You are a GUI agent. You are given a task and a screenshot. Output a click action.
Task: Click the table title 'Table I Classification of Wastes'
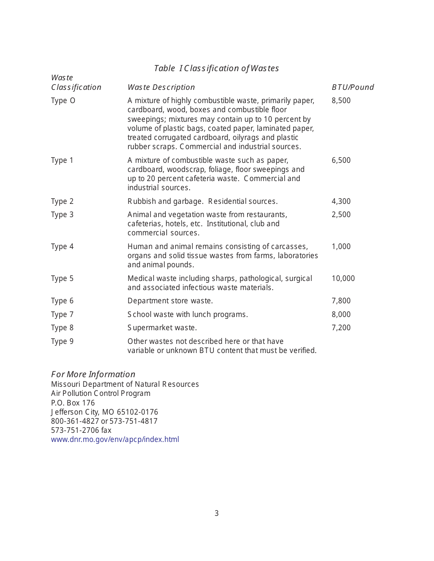click(216, 68)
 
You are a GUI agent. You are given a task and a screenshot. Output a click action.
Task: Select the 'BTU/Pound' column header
click(352, 87)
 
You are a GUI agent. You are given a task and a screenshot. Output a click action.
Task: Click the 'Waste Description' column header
click(161, 87)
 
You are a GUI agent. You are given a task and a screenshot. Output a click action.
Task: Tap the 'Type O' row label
click(63, 101)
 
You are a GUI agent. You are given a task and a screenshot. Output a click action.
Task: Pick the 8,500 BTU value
click(341, 101)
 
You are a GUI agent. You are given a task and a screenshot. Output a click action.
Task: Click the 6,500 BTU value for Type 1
click(341, 160)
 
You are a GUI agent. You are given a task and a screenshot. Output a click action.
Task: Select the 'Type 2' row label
click(62, 201)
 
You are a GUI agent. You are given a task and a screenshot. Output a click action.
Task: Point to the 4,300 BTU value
click(341, 201)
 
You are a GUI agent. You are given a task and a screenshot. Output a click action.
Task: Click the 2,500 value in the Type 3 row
click(341, 214)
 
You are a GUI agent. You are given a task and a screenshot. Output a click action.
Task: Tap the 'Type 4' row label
click(62, 246)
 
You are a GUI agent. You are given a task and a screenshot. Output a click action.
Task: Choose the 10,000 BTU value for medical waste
click(343, 278)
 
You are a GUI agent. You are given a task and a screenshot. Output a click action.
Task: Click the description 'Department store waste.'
click(170, 301)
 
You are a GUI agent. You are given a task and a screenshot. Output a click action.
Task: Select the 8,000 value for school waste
click(341, 314)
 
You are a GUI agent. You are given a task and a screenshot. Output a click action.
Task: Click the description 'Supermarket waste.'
click(162, 327)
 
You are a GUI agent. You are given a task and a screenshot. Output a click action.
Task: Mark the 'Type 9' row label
click(62, 341)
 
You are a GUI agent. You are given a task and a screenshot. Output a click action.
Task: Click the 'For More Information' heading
click(93, 374)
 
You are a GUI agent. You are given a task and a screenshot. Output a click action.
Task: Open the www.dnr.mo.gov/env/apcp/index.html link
click(115, 439)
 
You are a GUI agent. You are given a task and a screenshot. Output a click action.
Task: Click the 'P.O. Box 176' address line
click(73, 403)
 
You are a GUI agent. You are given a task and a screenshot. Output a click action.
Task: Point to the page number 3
click(217, 513)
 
